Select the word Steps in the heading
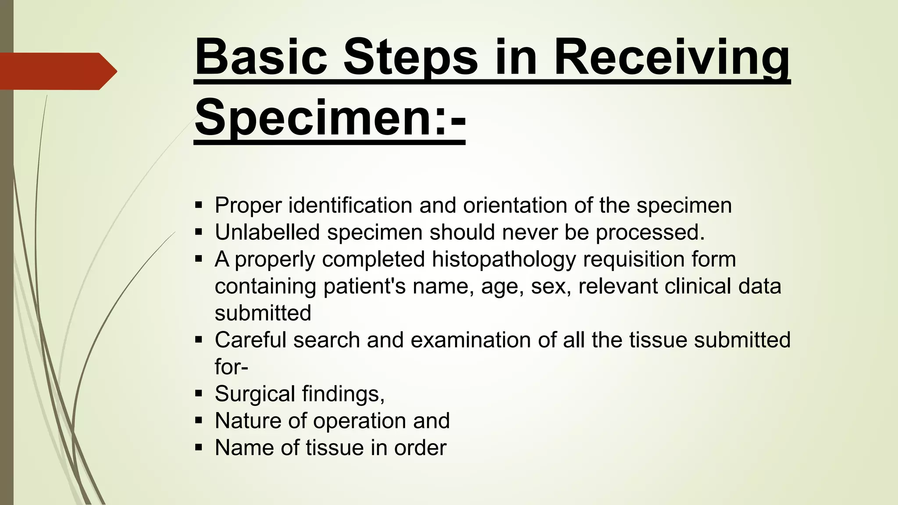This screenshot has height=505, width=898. coord(410,57)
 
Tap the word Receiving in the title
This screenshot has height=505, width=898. coord(671,57)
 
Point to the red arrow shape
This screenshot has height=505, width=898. coord(57,71)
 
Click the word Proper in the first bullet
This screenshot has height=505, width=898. coord(248,206)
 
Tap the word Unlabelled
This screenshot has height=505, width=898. coord(267,232)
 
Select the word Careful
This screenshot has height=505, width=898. coord(250,340)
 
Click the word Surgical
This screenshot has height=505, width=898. coord(255,394)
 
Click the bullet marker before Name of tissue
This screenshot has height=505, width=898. coord(199,448)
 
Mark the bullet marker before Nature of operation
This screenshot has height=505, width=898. coord(199,421)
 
